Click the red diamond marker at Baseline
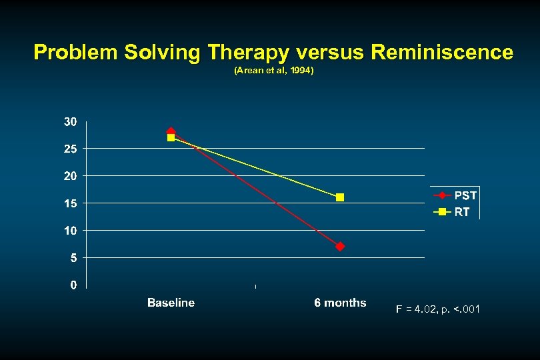171,132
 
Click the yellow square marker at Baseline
171,138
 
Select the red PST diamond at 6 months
340,246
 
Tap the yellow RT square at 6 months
340,197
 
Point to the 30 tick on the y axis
70,122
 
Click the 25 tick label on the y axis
70,149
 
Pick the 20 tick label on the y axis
70,176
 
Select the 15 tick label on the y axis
70,203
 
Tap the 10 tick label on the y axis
70,231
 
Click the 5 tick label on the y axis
73,257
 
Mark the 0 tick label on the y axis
73,285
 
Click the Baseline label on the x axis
171,303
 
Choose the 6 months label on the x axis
340,303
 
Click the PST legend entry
465,196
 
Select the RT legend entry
461,212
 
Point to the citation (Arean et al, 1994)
273,69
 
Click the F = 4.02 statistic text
437,309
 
